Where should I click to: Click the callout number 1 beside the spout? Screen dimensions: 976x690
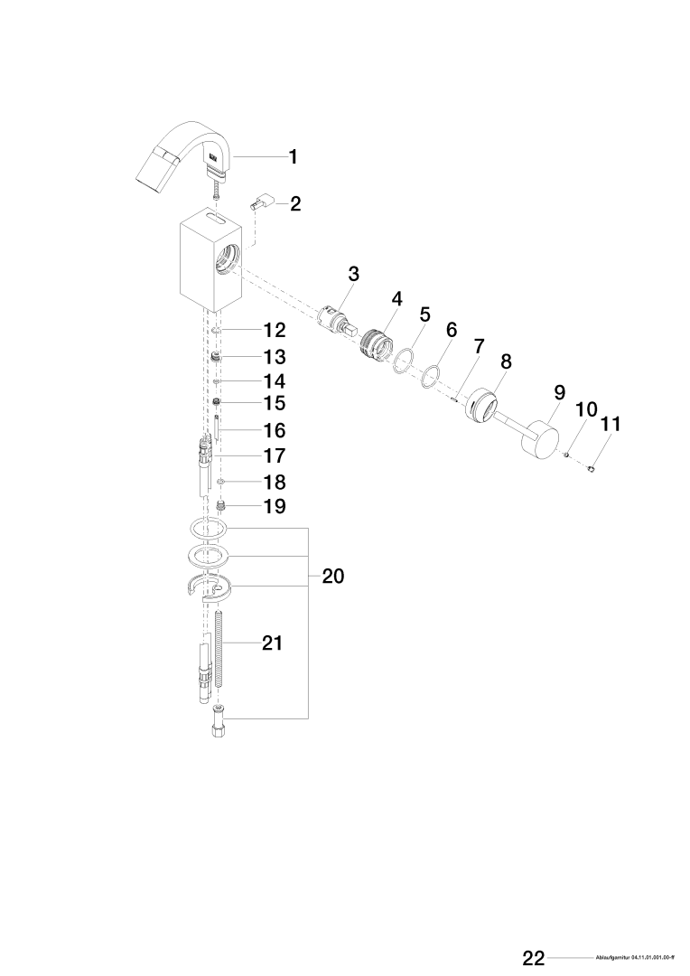point(293,156)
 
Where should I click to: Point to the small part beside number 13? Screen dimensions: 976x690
point(217,357)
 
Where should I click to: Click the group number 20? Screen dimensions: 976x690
point(332,576)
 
